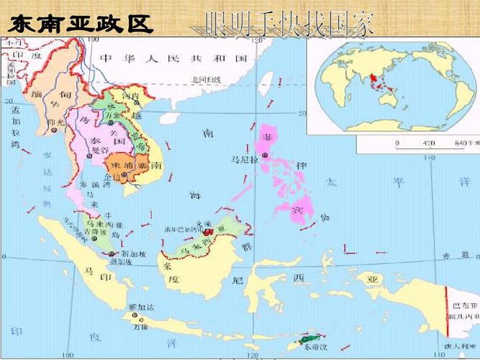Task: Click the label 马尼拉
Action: click(x=243, y=160)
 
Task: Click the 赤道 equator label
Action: click(x=450, y=255)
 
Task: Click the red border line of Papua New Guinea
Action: click(x=448, y=310)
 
